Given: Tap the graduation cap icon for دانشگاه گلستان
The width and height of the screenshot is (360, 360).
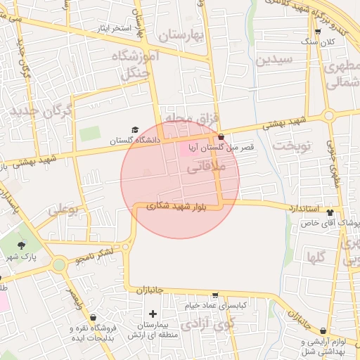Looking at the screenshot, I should [x=135, y=129].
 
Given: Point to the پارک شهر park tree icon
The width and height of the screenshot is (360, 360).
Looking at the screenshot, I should [x=22, y=246].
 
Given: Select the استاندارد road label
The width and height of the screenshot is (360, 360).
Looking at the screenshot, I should [x=304, y=208].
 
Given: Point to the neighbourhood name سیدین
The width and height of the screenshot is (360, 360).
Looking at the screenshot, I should [x=271, y=60].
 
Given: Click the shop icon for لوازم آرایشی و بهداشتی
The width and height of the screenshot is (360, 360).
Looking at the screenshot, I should [x=323, y=330].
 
